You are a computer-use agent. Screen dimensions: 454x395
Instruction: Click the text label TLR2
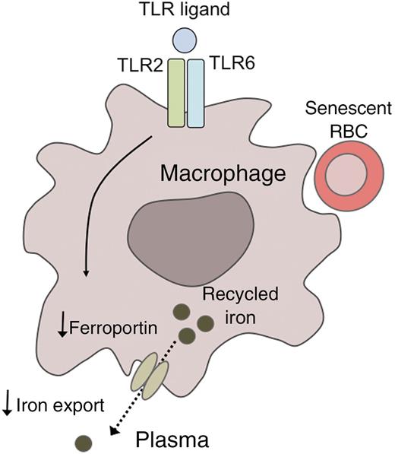(140, 68)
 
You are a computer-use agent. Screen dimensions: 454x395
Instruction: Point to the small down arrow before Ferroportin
(62, 328)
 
